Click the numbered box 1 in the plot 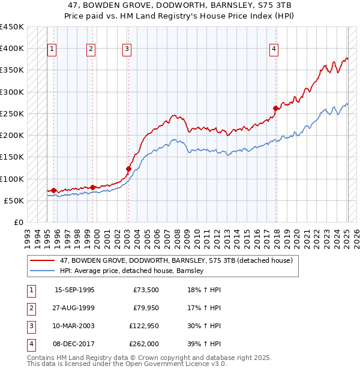[52, 49]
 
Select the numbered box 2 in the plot [91, 49]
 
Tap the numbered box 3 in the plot [127, 49]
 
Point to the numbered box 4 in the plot [274, 49]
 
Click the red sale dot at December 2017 [275, 108]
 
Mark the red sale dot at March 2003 [128, 169]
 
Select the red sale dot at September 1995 [54, 190]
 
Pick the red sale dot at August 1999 [92, 187]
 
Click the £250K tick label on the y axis [12, 113]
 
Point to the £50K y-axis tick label [14, 200]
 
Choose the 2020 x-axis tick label [296, 235]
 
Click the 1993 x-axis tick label [27, 235]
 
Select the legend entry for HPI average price [132, 271]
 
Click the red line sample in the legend [43, 260]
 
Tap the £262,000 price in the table [144, 344]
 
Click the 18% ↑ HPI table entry [205, 290]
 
